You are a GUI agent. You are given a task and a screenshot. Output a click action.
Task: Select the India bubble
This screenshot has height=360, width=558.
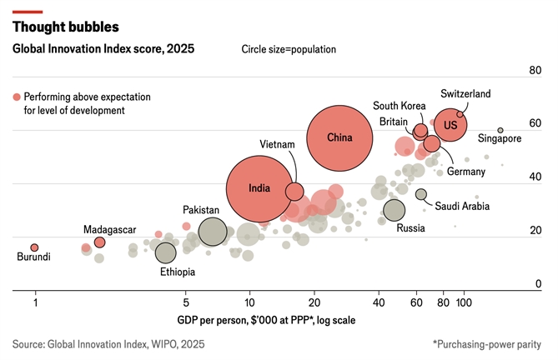260,189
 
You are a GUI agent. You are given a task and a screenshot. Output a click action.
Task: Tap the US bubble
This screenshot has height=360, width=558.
450,126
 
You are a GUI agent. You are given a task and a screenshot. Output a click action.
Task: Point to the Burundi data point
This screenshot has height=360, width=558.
34,247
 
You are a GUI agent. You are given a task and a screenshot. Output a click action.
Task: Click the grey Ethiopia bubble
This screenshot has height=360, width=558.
166,252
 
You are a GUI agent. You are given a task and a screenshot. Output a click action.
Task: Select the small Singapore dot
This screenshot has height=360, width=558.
500,130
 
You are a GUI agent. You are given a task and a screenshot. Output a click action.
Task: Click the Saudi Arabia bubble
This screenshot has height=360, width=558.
421,194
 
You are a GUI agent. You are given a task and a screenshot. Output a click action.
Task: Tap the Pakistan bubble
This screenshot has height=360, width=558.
213,231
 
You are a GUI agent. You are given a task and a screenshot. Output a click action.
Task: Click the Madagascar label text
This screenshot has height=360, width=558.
109,229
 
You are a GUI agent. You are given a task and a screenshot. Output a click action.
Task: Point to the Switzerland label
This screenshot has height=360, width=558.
465,94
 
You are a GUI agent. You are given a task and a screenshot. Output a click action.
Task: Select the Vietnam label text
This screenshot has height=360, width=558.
277,145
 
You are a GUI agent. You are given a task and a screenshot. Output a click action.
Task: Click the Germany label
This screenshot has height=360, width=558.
465,172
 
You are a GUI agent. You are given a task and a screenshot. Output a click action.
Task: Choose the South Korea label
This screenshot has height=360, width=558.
399,106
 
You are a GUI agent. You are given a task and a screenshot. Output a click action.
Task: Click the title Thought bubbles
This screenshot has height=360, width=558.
65,27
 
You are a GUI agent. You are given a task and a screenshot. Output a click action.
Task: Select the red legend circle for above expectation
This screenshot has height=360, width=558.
16,97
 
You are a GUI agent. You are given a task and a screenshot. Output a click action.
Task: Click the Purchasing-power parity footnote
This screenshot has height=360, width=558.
486,343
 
